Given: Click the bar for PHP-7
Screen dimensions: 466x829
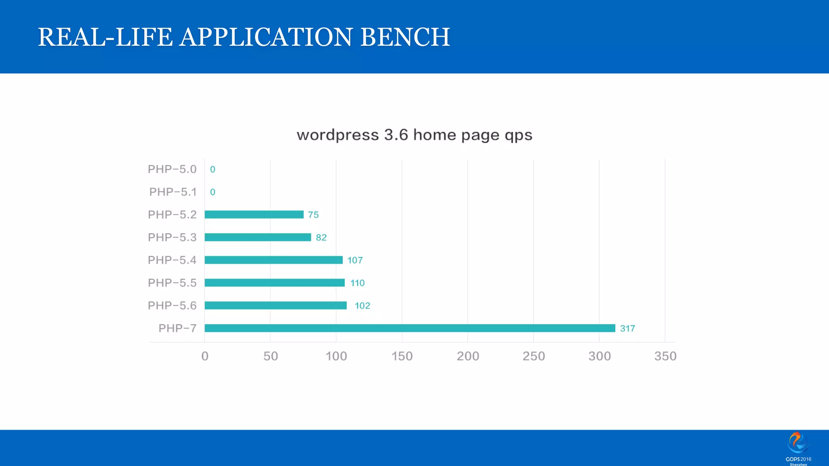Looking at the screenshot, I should pos(410,328).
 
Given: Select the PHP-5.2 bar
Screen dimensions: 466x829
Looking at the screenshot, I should pos(254,214).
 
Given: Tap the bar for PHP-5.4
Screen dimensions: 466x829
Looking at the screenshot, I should pos(273,260).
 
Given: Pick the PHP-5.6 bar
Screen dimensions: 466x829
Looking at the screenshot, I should pos(275,305).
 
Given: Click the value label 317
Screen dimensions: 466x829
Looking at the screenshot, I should pos(627,328).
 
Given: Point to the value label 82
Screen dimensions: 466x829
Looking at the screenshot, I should pos(321,237).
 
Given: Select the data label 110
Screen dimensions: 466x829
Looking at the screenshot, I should pos(357,283).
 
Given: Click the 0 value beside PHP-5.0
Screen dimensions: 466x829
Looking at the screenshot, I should pos(213,169).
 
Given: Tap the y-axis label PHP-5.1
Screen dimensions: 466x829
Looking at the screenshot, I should pos(173,192).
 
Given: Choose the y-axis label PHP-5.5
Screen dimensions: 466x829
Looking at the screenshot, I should pos(172,283).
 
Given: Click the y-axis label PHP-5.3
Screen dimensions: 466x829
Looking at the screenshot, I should pos(172,237).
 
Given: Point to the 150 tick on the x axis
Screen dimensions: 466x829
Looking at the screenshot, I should pos(402,356).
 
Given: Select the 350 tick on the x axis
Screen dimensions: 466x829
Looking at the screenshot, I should pos(665,356).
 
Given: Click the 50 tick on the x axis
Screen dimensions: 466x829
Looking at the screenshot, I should pos(270,356).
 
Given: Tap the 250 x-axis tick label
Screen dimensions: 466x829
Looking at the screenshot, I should pos(534,356).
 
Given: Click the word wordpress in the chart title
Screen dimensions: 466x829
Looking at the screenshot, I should pos(338,135).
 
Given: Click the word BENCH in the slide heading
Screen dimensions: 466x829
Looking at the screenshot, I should pos(405,37).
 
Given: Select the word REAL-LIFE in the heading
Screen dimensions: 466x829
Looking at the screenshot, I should pos(105,37).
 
